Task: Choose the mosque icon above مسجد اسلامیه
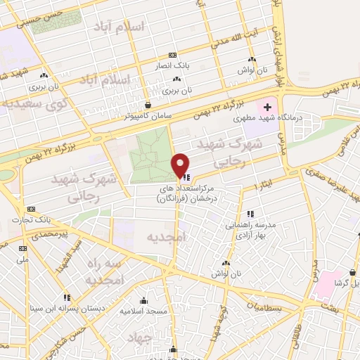[143, 300]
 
